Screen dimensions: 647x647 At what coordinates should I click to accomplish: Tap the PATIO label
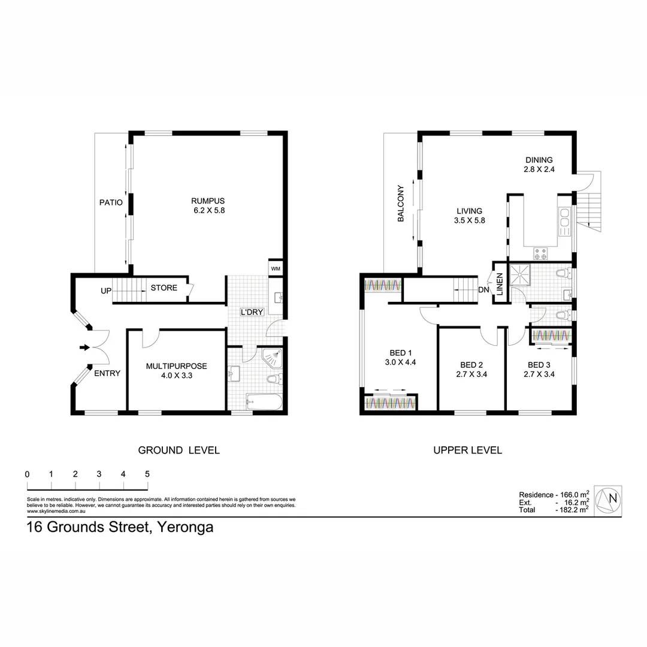click(111, 202)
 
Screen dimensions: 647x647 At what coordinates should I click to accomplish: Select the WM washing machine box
click(276, 268)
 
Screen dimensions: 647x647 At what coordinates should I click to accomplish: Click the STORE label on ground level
click(164, 288)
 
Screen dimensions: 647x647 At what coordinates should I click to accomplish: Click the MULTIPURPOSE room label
click(177, 366)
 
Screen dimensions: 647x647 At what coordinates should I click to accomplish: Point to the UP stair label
click(106, 291)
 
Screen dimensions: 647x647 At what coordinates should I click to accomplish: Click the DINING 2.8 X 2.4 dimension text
click(539, 170)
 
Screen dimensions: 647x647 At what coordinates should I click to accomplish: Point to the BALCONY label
click(401, 204)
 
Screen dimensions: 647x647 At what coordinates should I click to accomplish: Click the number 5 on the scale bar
click(147, 474)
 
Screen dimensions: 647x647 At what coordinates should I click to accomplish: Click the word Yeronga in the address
click(185, 528)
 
